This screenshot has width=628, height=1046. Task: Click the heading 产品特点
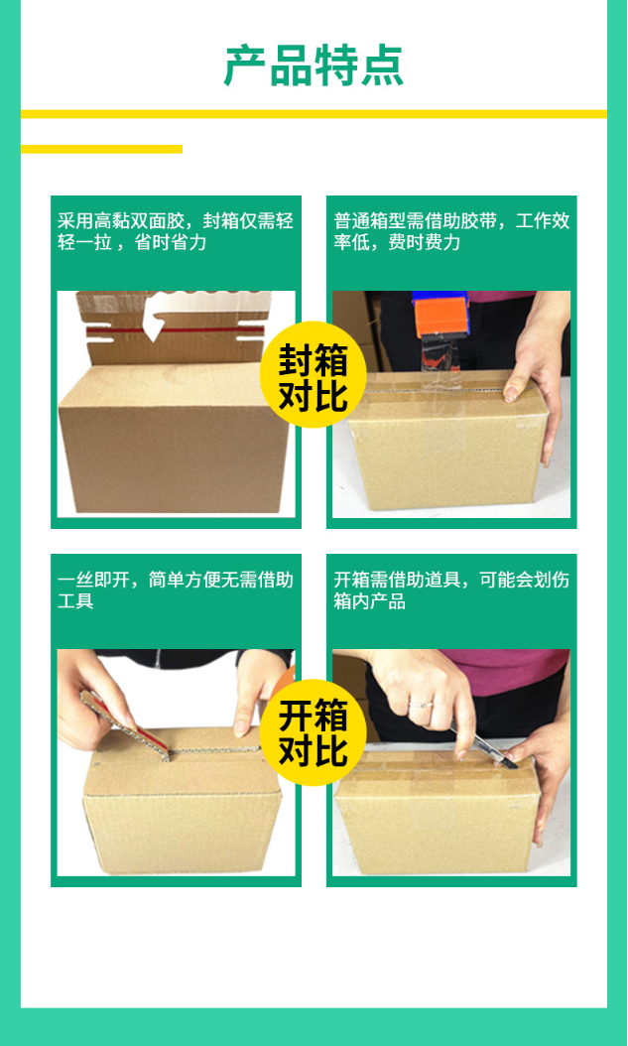pos(314,66)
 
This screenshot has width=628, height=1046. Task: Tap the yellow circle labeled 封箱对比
pos(313,375)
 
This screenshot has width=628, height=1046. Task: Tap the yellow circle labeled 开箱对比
pos(313,732)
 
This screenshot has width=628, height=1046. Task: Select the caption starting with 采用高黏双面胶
pos(176,232)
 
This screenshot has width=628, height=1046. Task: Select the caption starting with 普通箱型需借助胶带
pos(451,232)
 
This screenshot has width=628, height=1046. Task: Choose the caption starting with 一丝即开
pos(176,590)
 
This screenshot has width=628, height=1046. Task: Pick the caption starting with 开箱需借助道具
pos(451,590)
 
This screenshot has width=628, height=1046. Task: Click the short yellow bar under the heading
pos(101,150)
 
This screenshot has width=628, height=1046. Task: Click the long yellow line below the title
pos(314,114)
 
